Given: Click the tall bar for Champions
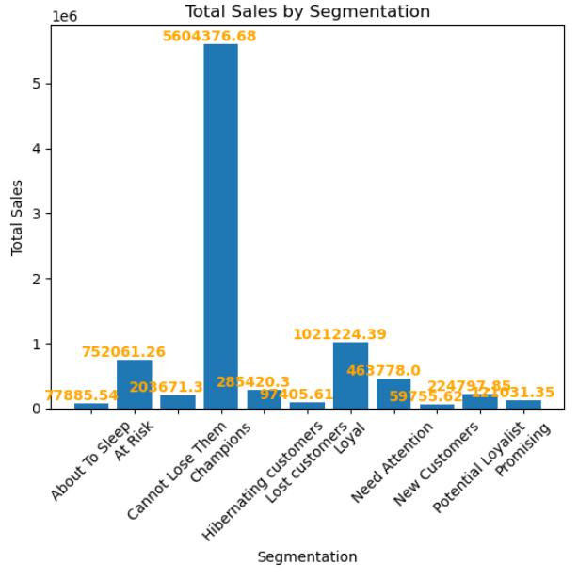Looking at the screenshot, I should coord(220,226).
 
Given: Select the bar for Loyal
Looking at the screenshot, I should coord(350,375).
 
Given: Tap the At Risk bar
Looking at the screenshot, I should coord(135,384).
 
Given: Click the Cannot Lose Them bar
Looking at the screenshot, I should coord(178,402).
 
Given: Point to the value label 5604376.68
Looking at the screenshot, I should coord(209,36).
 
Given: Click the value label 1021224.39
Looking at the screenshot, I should coord(339,334).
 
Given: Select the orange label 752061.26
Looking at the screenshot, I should coord(123,352).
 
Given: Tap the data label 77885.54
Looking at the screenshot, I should coord(82,395).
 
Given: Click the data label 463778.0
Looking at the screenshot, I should coord(383,371).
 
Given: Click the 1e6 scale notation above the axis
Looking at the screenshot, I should coord(65,16).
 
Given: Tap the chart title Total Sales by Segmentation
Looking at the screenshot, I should coord(307,11).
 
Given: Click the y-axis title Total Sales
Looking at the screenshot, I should coord(17,217).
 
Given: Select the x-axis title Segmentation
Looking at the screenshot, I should coord(307,557).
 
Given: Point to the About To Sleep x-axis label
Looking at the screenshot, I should coord(90,461).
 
